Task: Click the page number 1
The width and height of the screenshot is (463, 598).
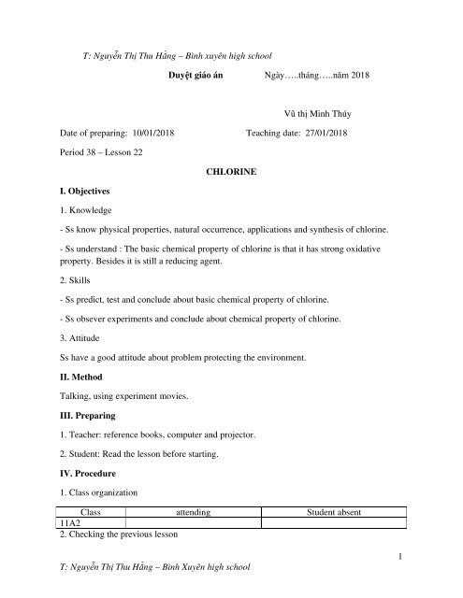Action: click(398, 558)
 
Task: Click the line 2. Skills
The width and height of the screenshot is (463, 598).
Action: click(78, 279)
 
